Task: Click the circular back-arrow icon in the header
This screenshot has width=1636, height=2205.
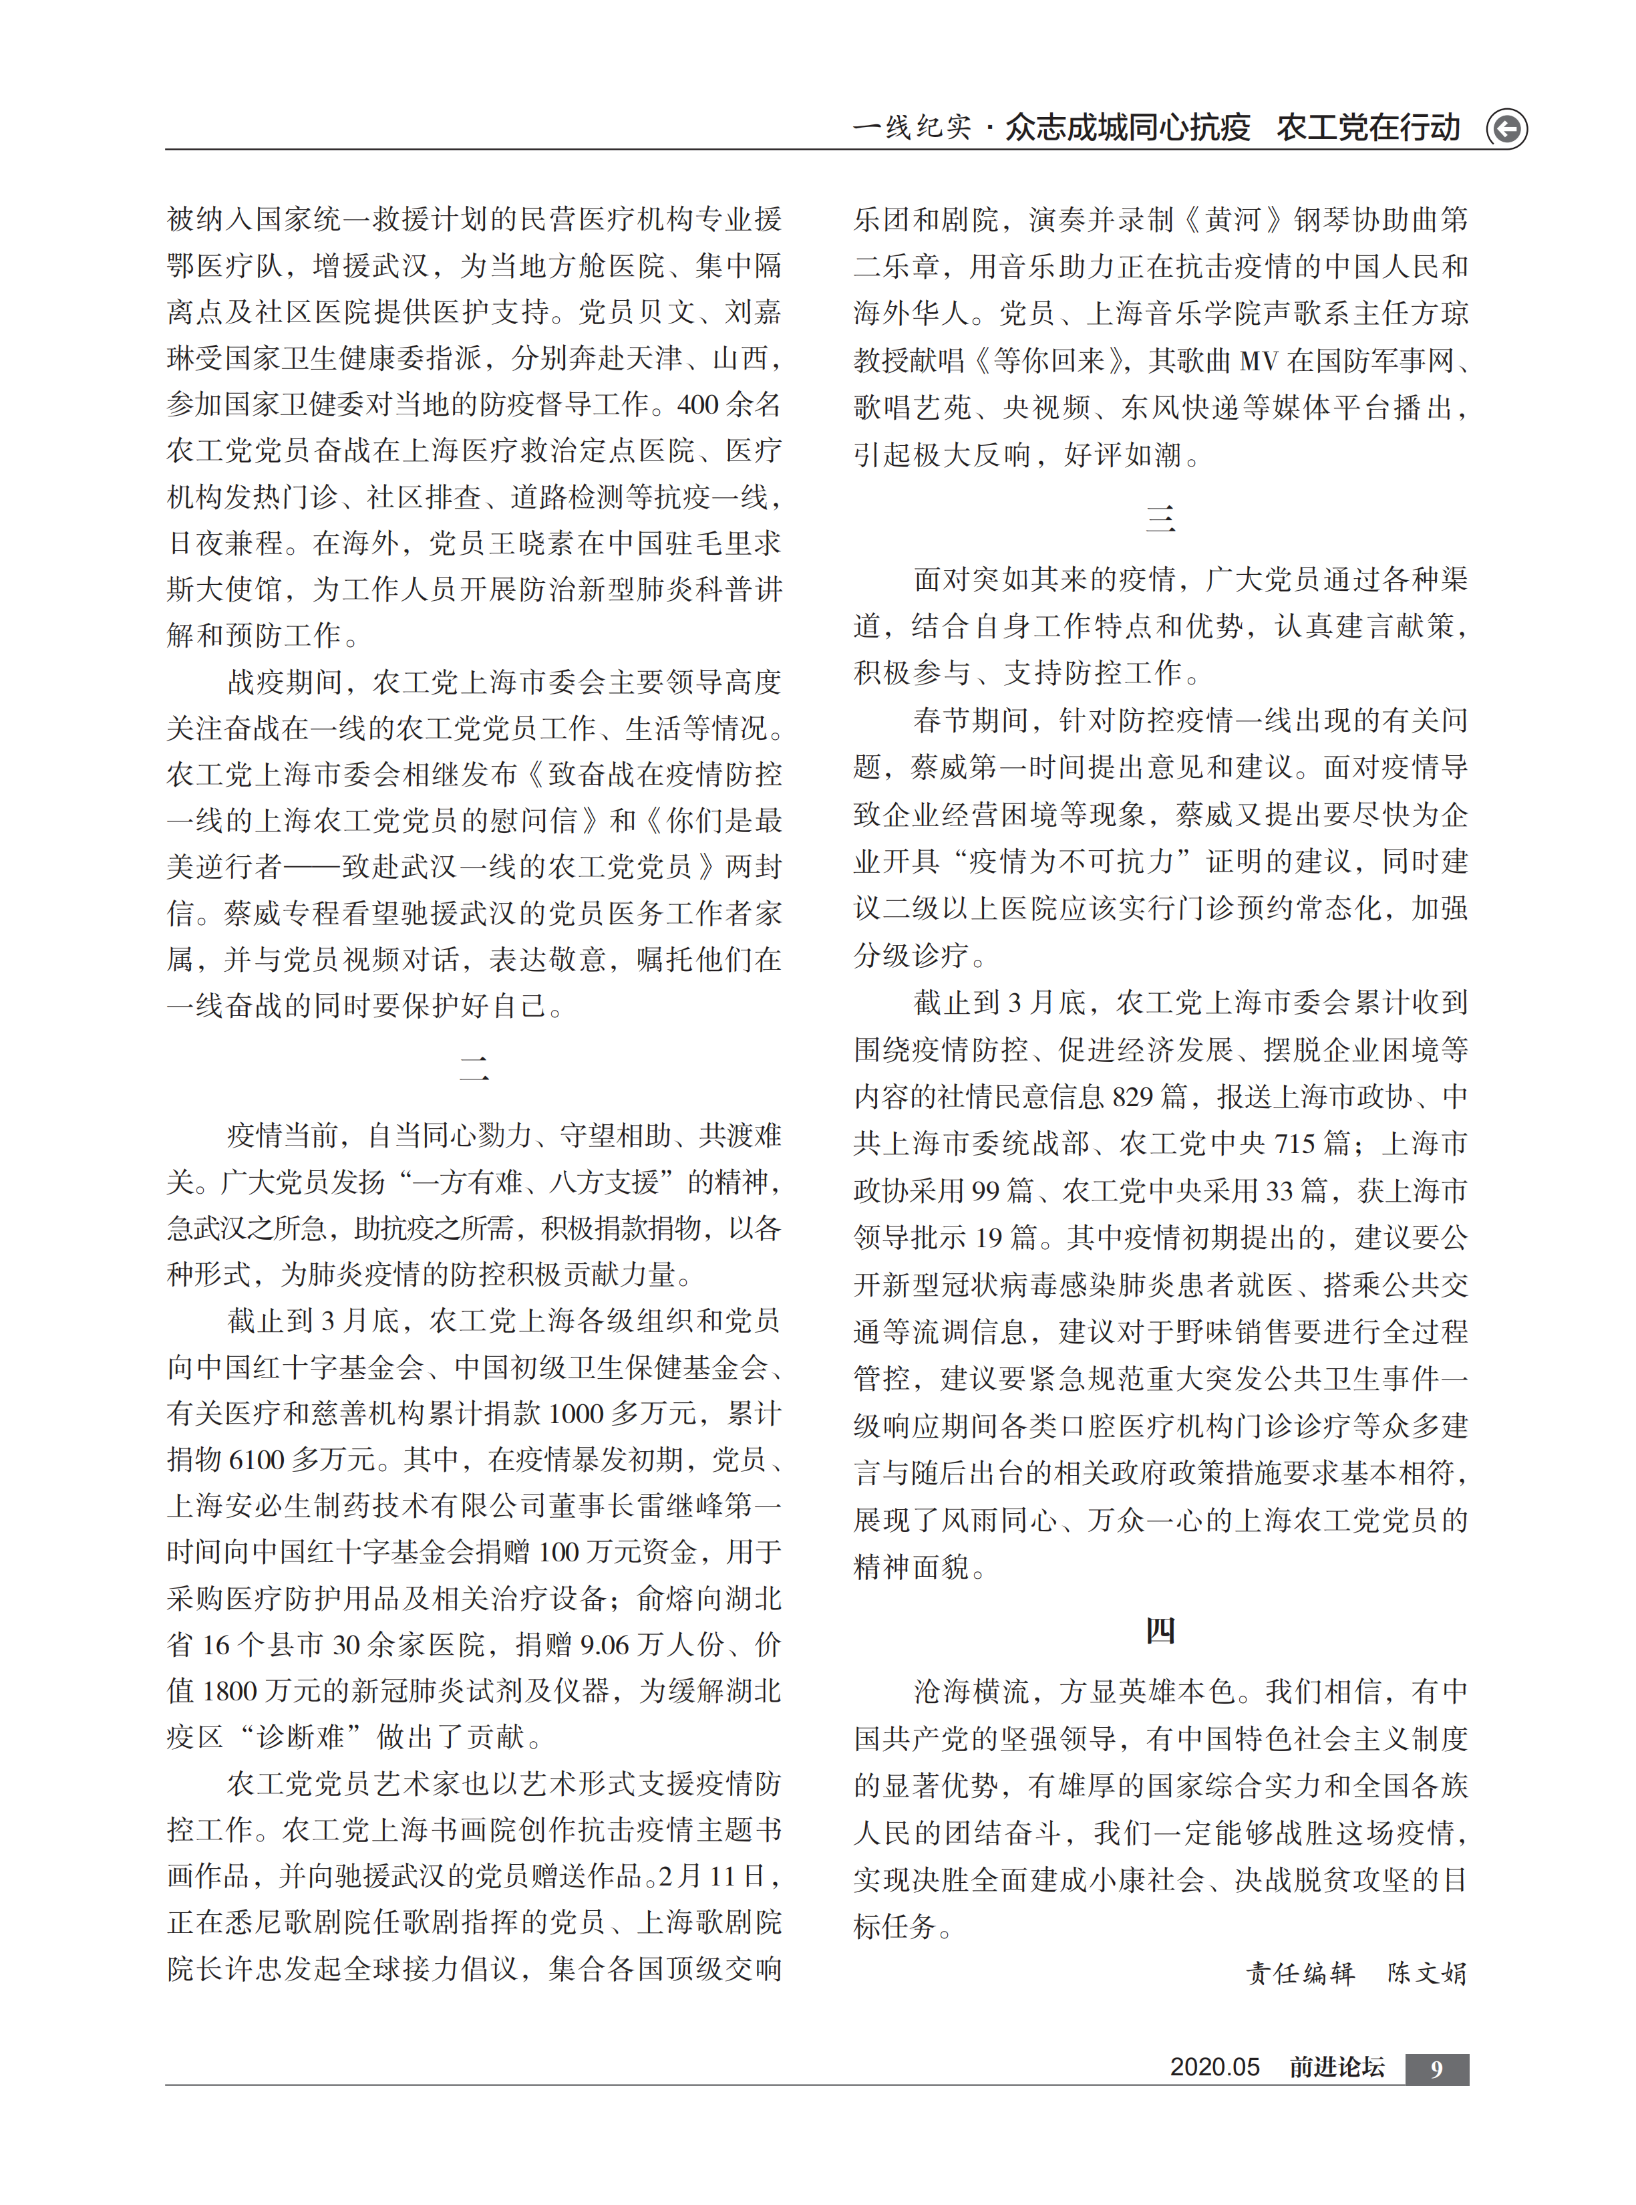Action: pos(1506,129)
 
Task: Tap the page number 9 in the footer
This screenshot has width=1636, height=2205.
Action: pos(1436,2068)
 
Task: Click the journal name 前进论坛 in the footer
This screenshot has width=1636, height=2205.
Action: pos(1336,2067)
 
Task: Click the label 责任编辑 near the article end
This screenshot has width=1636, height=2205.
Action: pos(1299,1972)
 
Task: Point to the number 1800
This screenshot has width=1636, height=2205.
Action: pos(230,1692)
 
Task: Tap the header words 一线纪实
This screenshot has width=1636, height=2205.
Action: pos(911,128)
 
